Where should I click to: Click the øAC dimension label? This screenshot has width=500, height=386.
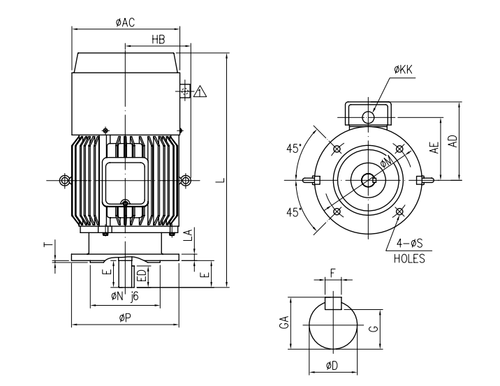tap(126, 22)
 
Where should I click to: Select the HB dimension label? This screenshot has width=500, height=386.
tap(159, 40)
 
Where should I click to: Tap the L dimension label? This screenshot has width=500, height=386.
tap(219, 180)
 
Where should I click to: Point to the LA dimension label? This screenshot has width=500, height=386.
tap(186, 235)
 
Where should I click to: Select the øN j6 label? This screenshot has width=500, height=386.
tap(126, 297)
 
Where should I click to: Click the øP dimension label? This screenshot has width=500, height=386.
tap(126, 318)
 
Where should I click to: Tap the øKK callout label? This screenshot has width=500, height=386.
tap(404, 70)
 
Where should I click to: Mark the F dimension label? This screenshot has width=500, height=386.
tap(333, 274)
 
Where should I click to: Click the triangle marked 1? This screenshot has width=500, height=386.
tap(200, 91)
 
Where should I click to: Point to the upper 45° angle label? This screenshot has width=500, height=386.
tap(294, 148)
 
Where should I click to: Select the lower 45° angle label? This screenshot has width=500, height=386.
tap(294, 211)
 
